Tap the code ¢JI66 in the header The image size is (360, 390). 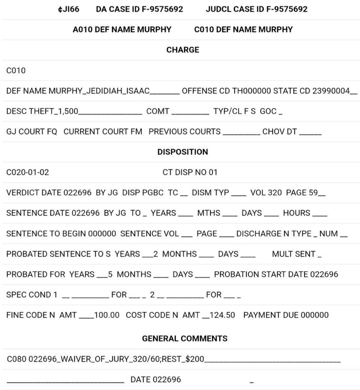(x=68, y=9)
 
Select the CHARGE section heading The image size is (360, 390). (x=183, y=50)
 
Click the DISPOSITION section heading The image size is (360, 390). (x=183, y=152)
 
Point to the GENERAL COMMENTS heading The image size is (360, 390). (x=185, y=339)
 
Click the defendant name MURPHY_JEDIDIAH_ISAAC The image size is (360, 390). (x=99, y=91)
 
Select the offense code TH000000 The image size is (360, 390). (x=245, y=91)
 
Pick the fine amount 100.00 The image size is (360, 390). (x=106, y=315)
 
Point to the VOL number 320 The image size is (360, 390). (x=275, y=193)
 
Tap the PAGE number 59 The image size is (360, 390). (x=313, y=193)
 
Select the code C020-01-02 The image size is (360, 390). (x=28, y=172)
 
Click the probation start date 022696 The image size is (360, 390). (x=324, y=274)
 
